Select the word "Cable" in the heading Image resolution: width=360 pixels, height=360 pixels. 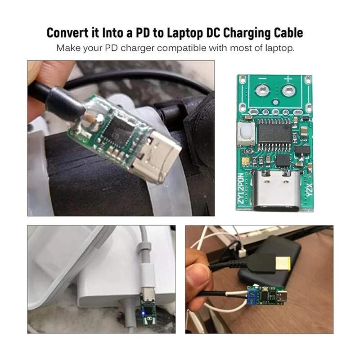coord(284,33)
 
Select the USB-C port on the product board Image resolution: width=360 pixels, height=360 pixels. coord(272,192)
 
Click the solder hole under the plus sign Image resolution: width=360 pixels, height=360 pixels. coord(288,93)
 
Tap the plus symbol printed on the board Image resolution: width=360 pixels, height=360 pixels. coord(288,80)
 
